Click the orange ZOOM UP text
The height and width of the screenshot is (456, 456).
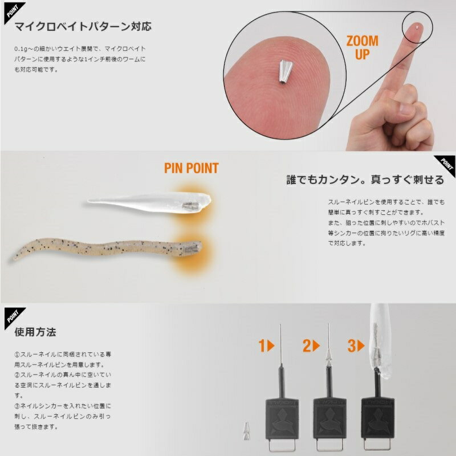[x=363, y=47]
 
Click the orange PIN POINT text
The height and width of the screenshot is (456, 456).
[x=192, y=168]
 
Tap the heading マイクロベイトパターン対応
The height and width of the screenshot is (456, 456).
[x=83, y=26]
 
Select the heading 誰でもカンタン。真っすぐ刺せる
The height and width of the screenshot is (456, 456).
[x=365, y=180]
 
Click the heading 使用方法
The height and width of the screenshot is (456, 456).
[x=35, y=332]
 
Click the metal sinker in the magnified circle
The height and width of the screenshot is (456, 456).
[x=284, y=72]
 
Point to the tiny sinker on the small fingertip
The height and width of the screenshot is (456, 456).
[x=417, y=27]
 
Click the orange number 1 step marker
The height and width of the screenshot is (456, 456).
[x=266, y=346]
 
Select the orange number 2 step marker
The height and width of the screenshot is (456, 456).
[x=311, y=346]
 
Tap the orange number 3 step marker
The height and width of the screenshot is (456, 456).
[x=356, y=346]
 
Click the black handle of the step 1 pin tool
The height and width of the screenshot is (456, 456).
[x=282, y=419]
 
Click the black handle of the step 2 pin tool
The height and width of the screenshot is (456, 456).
[x=329, y=419]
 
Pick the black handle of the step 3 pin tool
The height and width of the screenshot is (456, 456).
[x=377, y=419]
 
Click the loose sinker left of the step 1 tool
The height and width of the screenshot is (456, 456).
[x=247, y=431]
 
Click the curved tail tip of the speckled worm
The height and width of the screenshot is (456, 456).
[x=15, y=257]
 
